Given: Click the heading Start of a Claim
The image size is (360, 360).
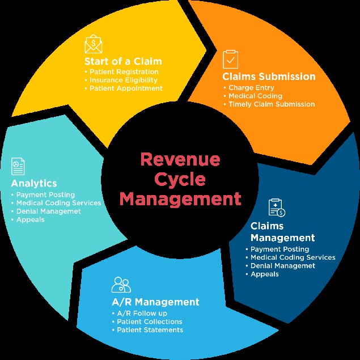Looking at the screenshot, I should point(122,61).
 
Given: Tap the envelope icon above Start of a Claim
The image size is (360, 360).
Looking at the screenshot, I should point(94,44).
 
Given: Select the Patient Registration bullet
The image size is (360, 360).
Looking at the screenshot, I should point(124,72).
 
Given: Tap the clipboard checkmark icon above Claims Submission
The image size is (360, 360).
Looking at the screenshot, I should point(231,60).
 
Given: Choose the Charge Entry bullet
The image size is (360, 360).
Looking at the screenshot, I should point(251,88).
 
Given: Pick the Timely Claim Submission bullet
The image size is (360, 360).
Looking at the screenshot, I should point(272,104).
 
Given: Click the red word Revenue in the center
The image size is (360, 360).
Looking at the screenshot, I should point(180,159).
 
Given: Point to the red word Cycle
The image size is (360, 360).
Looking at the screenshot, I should point(180,179).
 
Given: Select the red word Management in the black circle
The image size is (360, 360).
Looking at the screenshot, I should point(180,200).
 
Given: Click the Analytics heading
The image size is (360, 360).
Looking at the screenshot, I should point(34,183).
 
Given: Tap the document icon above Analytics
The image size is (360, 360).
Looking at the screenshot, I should point(18,166).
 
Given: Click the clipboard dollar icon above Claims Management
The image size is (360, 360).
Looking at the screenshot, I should point(276,207).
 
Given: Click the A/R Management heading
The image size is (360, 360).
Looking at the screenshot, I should point(155,302).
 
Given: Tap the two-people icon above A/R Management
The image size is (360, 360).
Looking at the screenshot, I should point(121,285).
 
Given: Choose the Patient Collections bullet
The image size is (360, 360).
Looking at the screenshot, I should point(150,321).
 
